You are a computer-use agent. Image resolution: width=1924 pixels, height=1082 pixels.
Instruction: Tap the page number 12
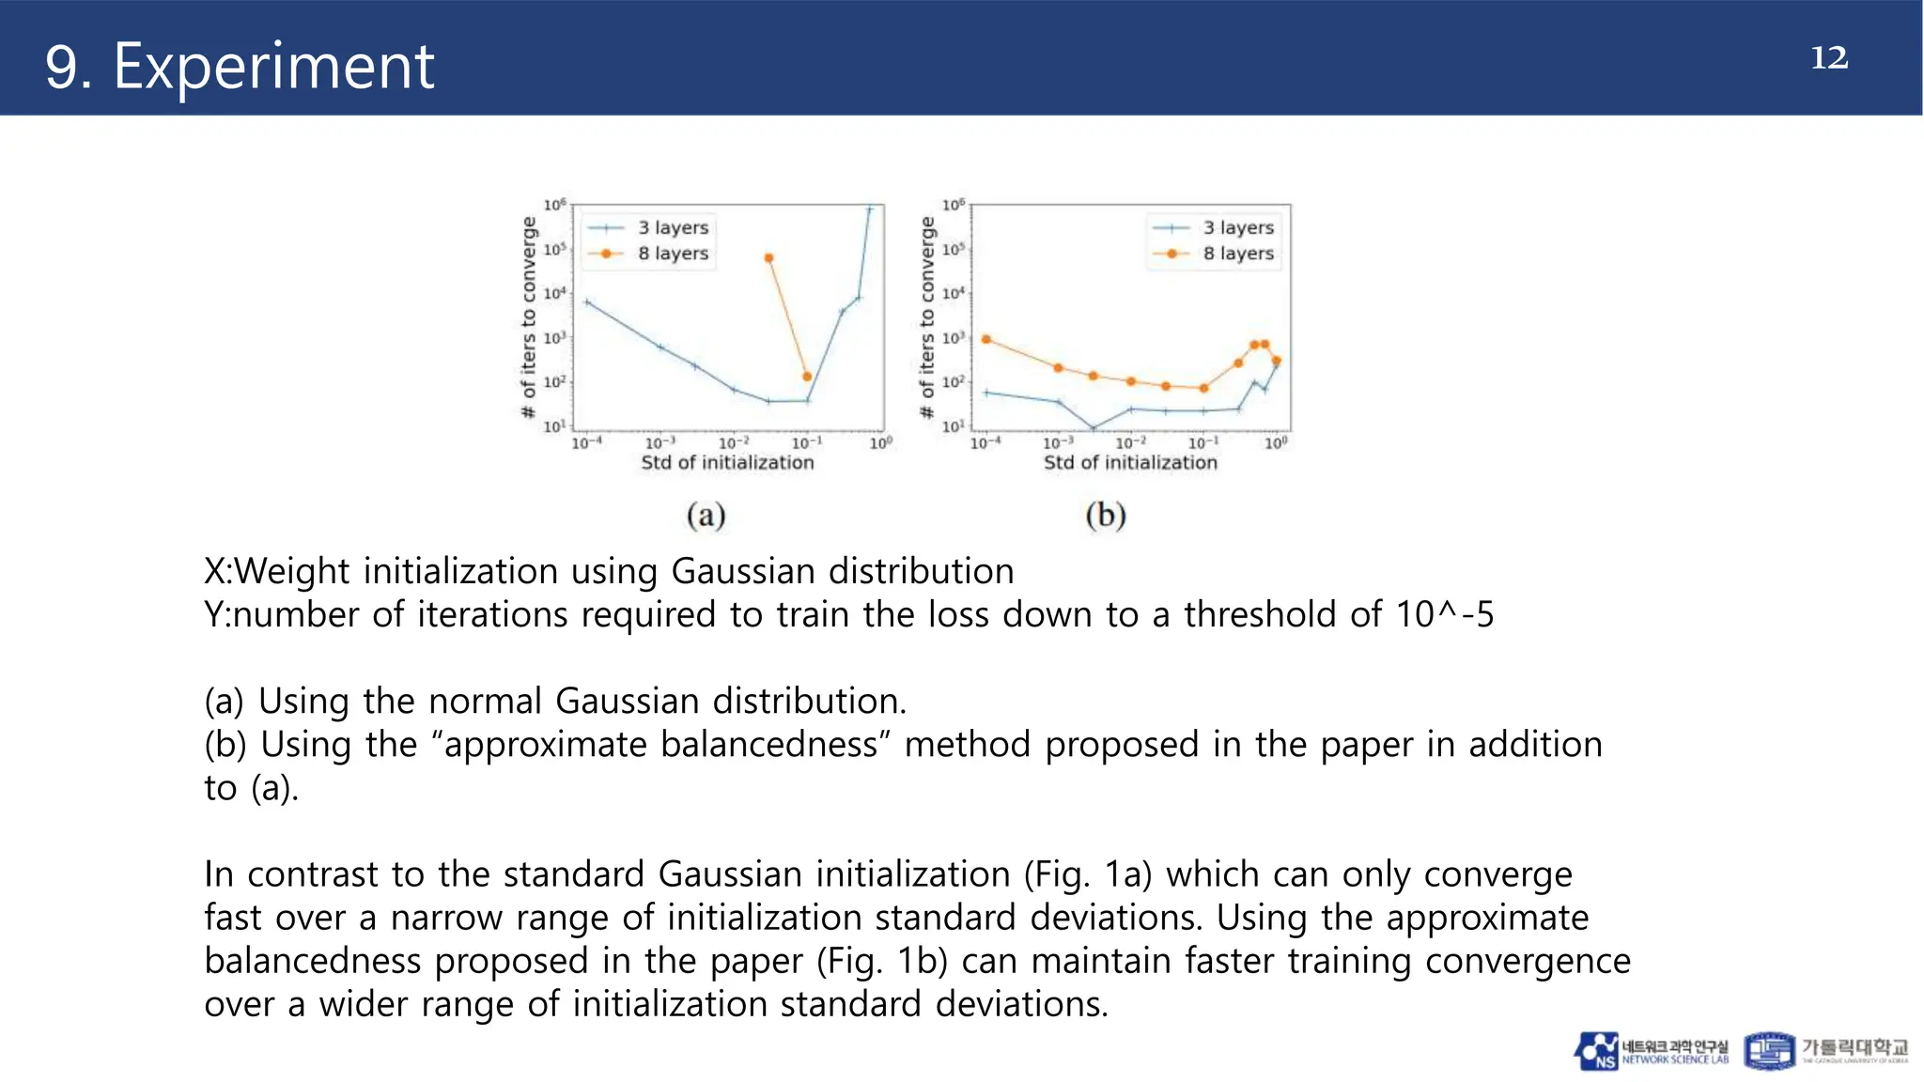(x=1828, y=58)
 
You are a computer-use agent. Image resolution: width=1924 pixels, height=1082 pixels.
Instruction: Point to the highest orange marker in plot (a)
(x=769, y=258)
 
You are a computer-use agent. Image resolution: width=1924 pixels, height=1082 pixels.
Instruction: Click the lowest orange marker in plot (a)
(x=807, y=377)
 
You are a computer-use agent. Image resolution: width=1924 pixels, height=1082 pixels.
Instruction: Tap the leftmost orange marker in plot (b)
(x=985, y=339)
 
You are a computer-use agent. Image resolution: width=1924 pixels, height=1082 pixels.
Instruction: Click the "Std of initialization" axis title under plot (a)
(x=727, y=462)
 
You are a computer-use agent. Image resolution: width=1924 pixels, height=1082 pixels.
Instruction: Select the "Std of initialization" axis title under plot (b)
(x=1130, y=462)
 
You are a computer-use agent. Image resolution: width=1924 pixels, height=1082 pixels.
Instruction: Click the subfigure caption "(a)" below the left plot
(x=706, y=515)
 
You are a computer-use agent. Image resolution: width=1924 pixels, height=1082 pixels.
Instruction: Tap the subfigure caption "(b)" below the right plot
(x=1106, y=515)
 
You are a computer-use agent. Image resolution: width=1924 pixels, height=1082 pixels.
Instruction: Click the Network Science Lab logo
(x=1651, y=1051)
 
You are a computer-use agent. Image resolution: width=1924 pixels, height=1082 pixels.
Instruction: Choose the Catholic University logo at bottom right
(x=1825, y=1051)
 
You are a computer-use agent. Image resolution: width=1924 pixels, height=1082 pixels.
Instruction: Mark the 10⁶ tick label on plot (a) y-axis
(x=555, y=205)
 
